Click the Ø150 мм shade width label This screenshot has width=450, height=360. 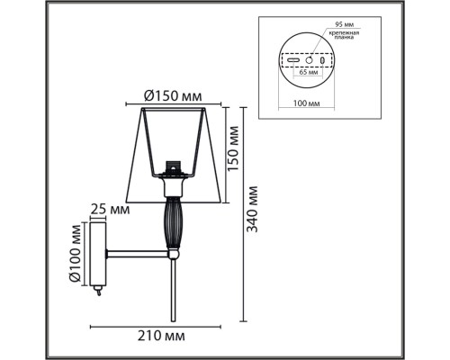click(173, 96)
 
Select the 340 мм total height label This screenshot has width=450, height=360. click(252, 209)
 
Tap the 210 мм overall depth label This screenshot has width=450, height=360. click(161, 336)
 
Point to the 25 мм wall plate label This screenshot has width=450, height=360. click(110, 210)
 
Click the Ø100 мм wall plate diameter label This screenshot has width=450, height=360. click(75, 253)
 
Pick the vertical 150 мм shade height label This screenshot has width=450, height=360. click(233, 148)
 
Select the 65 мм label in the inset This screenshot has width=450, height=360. click(308, 72)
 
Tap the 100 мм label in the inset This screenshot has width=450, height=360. click(306, 103)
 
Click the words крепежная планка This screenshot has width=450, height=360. click(344, 35)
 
